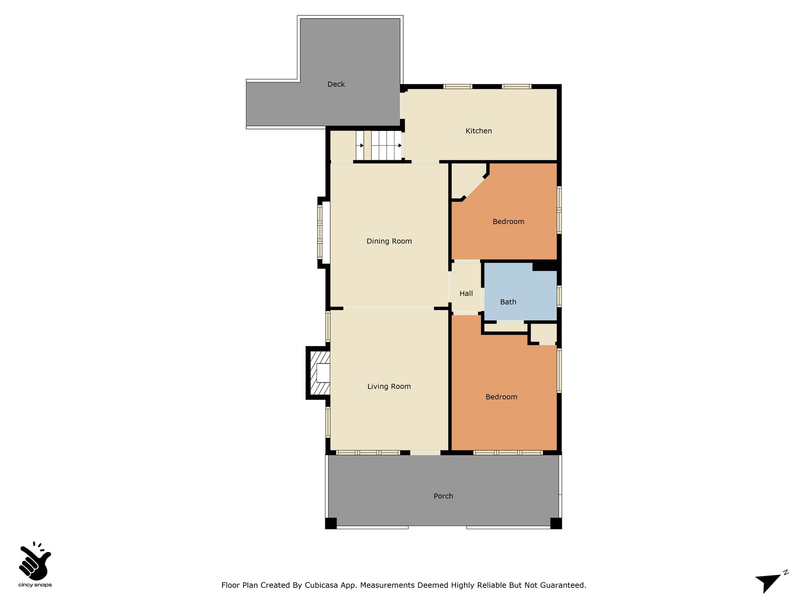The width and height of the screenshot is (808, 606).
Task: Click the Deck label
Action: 336,84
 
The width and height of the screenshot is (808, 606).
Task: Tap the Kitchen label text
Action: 479,131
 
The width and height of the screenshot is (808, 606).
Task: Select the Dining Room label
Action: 389,241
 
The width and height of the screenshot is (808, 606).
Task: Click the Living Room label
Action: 389,386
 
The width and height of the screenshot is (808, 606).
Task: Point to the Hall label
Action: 466,294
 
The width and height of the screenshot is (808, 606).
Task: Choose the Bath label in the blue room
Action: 508,302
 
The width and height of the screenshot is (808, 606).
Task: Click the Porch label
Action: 443,496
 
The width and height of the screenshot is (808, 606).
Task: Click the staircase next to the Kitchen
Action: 379,145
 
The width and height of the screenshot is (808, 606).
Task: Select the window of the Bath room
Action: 559,296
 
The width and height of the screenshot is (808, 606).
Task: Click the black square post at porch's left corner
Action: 331,523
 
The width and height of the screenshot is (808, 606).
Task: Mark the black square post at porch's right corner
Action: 556,523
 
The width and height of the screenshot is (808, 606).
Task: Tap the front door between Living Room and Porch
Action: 425,453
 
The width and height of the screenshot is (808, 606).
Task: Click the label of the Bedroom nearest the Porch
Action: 501,397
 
